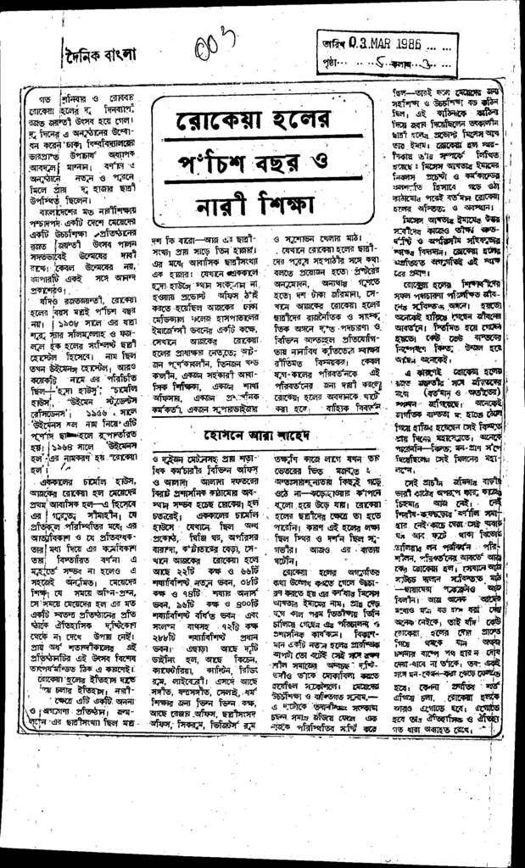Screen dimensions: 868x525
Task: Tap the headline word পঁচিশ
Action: [218, 160]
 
